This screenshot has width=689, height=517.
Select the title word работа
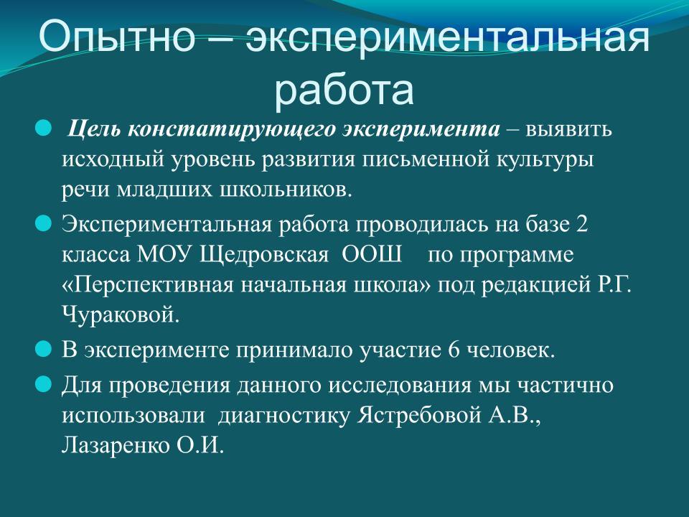point(344,90)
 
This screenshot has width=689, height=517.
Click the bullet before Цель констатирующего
point(43,129)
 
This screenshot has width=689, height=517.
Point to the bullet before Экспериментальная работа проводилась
point(43,224)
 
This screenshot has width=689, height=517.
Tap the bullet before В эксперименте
point(43,350)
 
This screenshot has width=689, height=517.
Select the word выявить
point(568,130)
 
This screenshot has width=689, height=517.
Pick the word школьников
point(286,190)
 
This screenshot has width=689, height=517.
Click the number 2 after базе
point(582,224)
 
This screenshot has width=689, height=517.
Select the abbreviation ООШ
point(372,254)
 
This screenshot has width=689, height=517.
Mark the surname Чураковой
point(121,315)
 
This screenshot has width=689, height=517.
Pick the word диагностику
point(284,416)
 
